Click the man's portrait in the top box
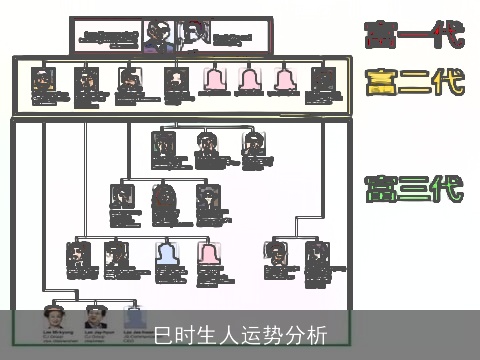pyautogui.click(x=155, y=35)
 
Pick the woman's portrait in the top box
pyautogui.click(x=189, y=35)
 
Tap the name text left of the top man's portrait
pyautogui.click(x=110, y=37)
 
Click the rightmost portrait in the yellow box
pyautogui.click(x=321, y=79)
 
